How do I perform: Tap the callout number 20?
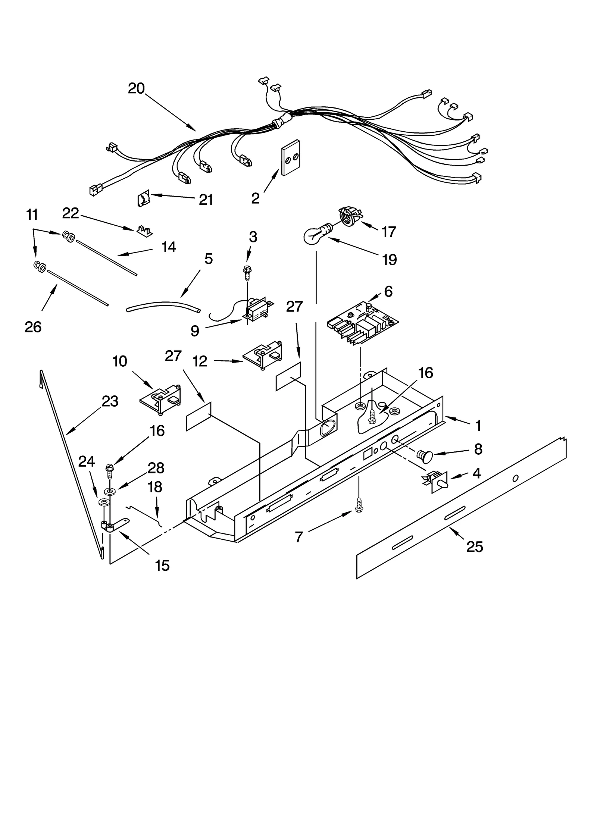coord(136,89)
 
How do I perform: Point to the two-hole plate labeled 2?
coord(291,158)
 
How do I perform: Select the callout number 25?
coord(474,547)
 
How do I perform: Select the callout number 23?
coord(110,401)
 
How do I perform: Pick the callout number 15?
coord(162,565)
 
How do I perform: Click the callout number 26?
coord(33,327)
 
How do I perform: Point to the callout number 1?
coord(478,426)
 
